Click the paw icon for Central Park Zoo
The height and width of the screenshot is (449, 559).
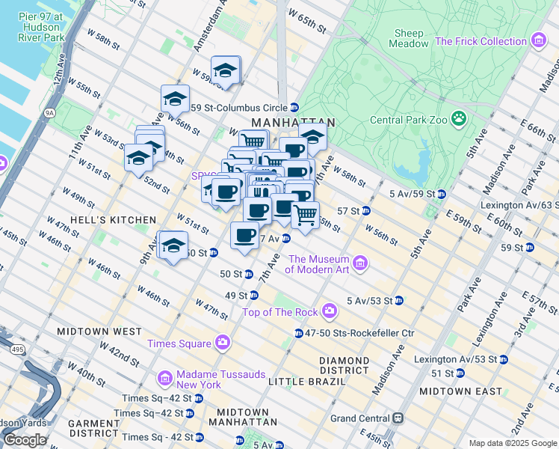pos(458,118)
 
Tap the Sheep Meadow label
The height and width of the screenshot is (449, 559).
pos(408,38)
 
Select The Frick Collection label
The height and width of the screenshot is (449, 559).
pos(481,41)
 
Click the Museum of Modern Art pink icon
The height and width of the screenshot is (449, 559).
pos(361,262)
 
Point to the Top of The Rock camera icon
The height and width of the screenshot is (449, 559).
pos(330,311)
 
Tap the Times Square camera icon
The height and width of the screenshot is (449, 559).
pos(222,343)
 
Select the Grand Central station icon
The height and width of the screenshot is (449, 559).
pos(398,418)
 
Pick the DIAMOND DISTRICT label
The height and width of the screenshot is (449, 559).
pos(344,365)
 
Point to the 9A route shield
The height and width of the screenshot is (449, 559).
pos(50,113)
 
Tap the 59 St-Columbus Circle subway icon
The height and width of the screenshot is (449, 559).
pos(294,107)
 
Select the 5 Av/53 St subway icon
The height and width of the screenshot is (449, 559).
pos(399,301)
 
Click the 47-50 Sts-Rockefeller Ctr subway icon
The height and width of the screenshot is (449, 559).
pos(298,333)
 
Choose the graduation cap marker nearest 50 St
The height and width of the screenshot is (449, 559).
pos(173,245)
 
